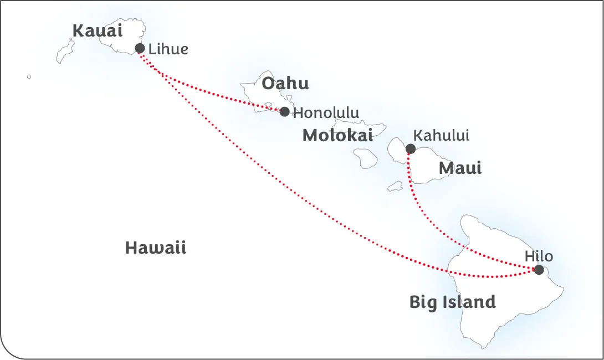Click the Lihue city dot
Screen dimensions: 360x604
click(140, 48)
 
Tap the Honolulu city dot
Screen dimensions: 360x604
click(284, 112)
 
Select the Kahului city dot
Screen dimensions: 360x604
click(411, 148)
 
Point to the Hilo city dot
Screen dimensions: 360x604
click(539, 270)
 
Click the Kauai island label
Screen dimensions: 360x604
click(98, 30)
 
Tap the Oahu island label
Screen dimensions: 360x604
click(285, 84)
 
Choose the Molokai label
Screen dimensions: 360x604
click(337, 136)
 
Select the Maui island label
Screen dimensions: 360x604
click(460, 168)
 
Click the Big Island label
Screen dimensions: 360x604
click(452, 302)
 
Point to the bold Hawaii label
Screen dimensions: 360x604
click(156, 248)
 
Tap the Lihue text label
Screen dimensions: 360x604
click(168, 49)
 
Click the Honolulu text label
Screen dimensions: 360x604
click(326, 113)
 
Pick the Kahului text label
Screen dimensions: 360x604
click(441, 135)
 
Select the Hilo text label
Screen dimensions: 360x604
click(539, 256)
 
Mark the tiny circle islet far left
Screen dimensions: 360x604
click(29, 76)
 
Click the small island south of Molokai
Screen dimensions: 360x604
click(366, 158)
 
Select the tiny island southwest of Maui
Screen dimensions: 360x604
click(395, 187)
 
